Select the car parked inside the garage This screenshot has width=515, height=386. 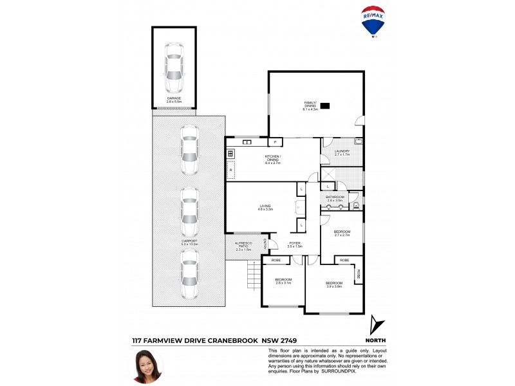pos(174,67)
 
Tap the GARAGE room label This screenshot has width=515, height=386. pos(174,100)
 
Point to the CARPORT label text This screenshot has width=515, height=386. pos(189,242)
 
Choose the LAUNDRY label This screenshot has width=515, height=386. pos(342,152)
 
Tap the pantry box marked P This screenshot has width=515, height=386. pos(276,142)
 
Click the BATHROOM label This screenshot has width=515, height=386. pos(335,199)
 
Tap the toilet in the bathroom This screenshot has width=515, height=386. pos(356,206)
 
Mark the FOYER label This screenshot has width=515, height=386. pos(295,244)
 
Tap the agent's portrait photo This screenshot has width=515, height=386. pos(147,365)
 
